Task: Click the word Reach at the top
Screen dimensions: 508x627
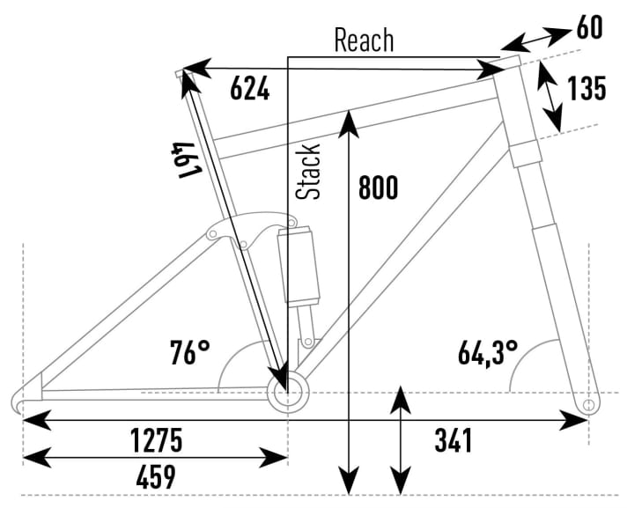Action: [364, 40]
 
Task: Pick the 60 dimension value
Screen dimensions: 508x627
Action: [589, 28]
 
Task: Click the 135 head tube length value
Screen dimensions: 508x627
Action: [586, 89]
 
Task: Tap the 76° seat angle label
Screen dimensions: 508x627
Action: [190, 354]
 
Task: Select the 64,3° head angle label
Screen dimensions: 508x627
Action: [487, 353]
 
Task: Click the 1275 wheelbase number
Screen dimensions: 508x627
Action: [156, 438]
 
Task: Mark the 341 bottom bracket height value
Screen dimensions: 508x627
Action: [453, 438]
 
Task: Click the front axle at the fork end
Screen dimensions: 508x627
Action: [589, 404]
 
